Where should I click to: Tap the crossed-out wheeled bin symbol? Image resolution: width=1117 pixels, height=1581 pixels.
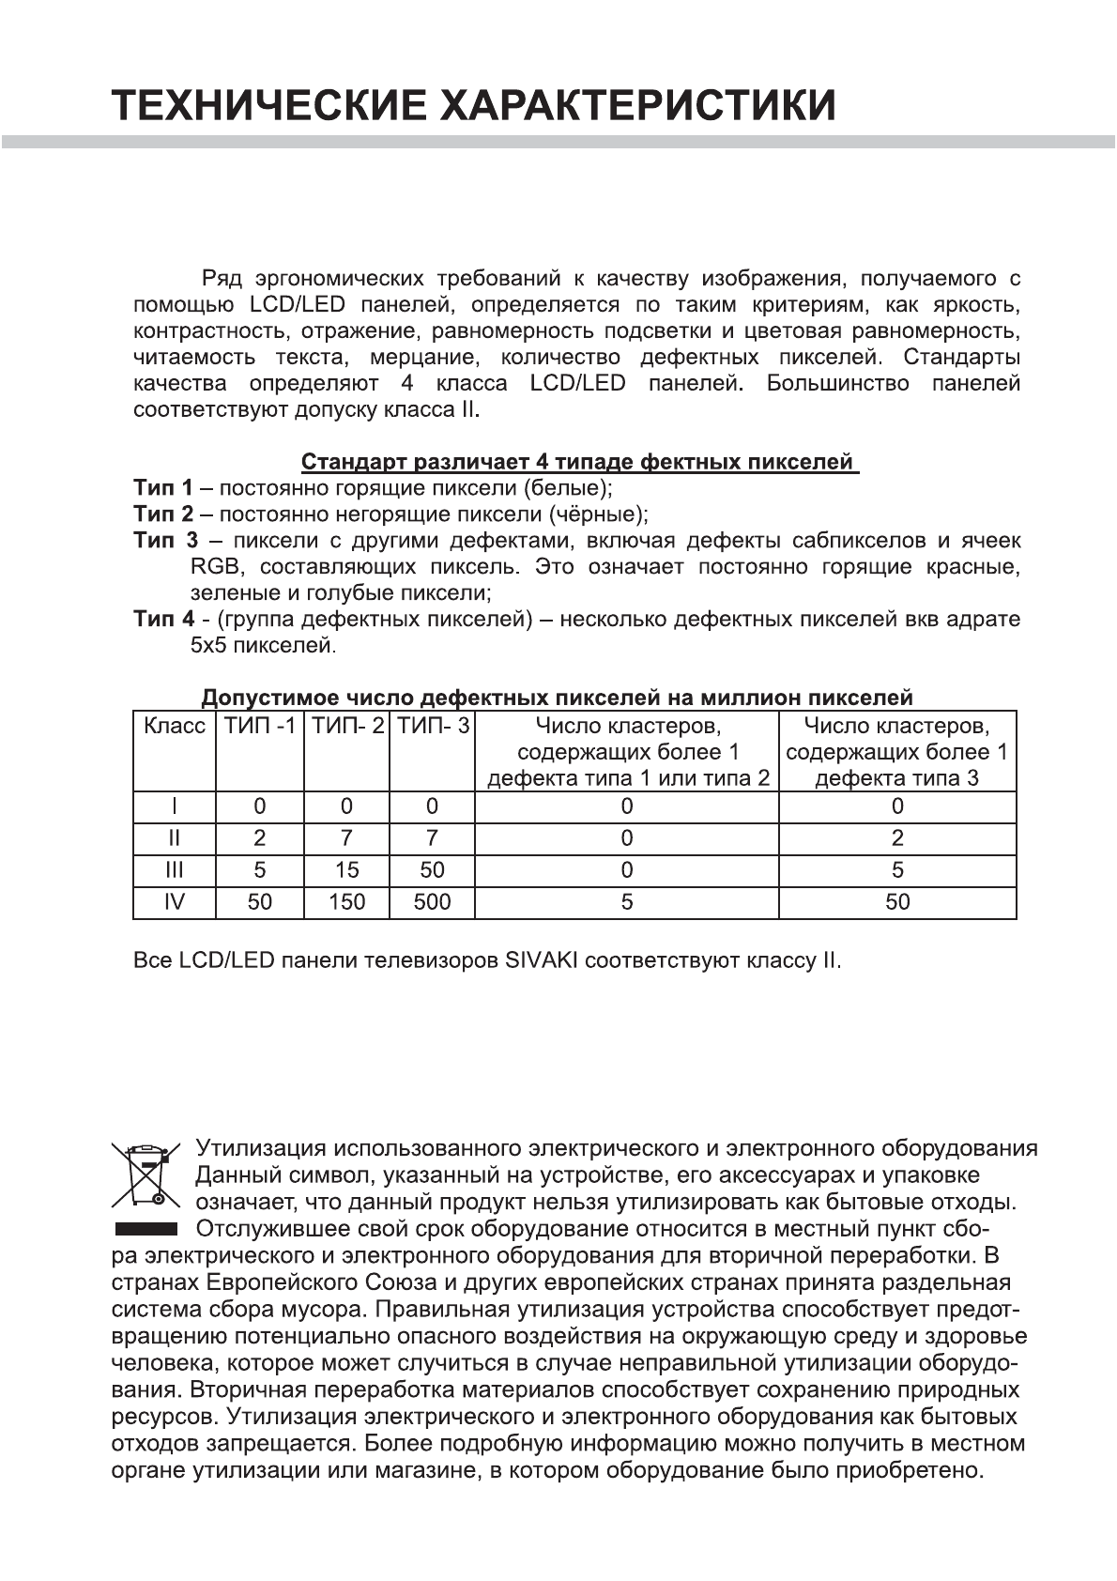pyautogui.click(x=145, y=1174)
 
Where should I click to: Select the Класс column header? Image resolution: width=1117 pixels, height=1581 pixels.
pyautogui.click(x=175, y=726)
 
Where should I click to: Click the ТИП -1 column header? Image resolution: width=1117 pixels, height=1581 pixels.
pyautogui.click(x=260, y=726)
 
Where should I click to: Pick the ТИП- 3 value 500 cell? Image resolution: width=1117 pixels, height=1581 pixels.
pyautogui.click(x=432, y=902)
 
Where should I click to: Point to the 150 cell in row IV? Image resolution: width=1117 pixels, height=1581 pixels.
pyautogui.click(x=346, y=902)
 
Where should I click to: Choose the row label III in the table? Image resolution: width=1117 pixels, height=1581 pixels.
pyautogui.click(x=175, y=870)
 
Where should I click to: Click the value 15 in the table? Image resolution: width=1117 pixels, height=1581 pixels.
pyautogui.click(x=346, y=870)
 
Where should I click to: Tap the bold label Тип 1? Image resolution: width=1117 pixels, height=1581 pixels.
pyautogui.click(x=162, y=488)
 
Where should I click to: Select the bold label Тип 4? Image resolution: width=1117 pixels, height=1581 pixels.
pyautogui.click(x=163, y=620)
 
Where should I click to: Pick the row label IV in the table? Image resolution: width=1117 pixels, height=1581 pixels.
pyautogui.click(x=175, y=902)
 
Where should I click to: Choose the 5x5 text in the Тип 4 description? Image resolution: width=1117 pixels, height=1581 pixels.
pyautogui.click(x=207, y=646)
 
